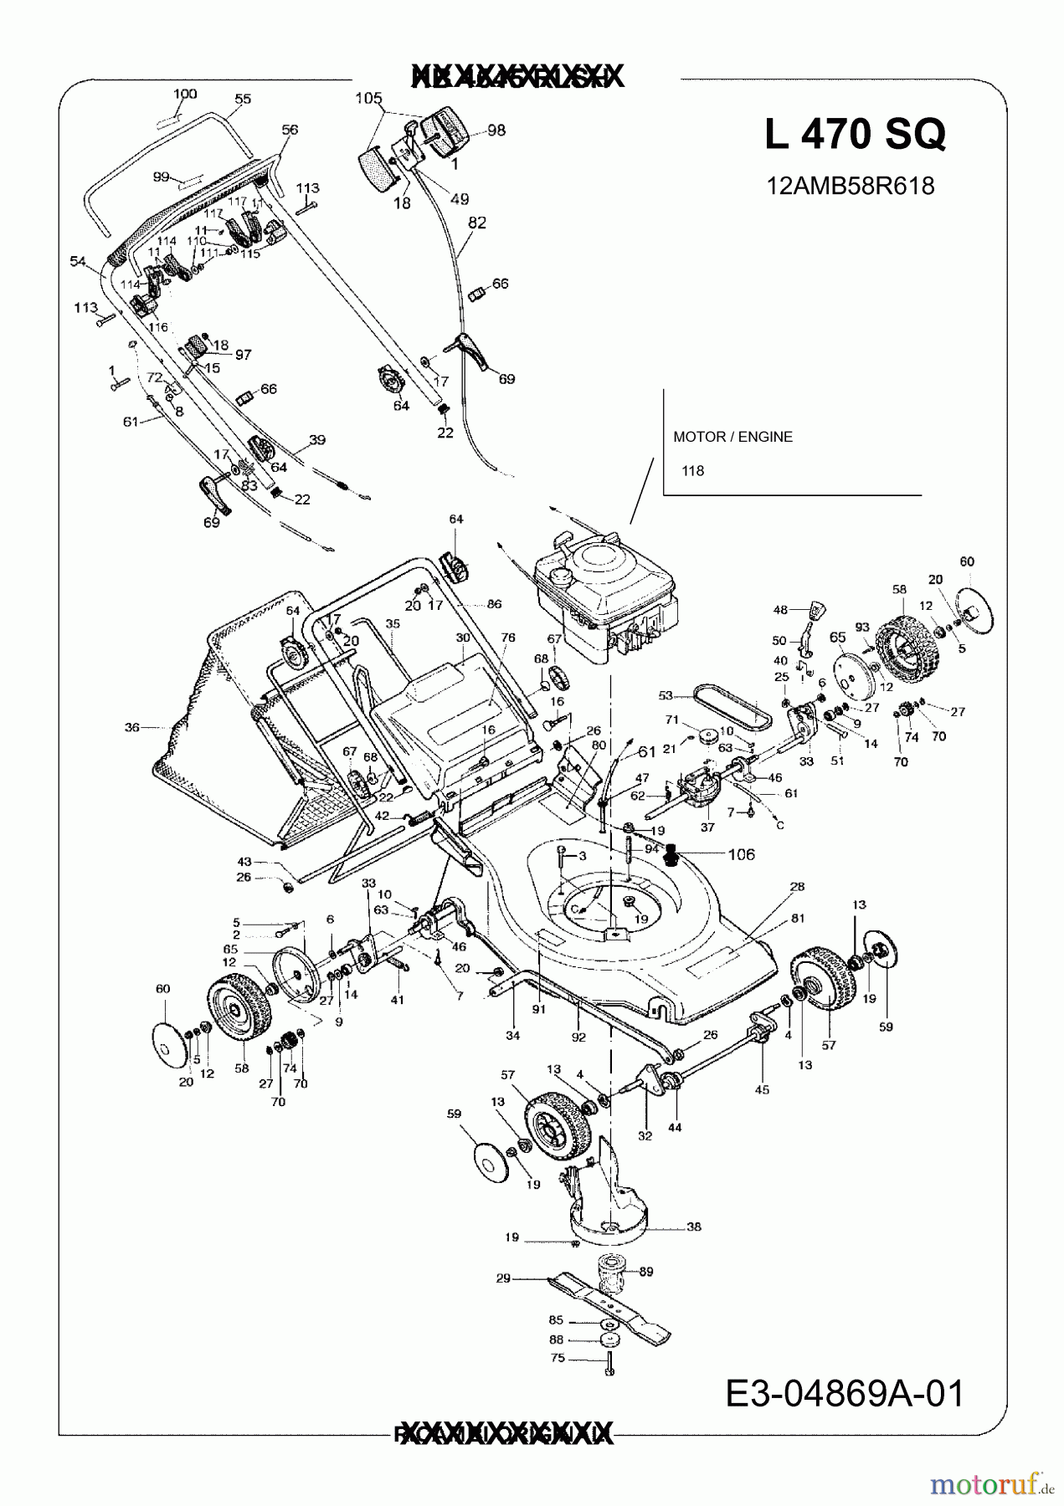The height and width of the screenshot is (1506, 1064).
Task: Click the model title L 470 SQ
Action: click(855, 134)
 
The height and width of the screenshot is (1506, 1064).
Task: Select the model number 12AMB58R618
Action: click(851, 186)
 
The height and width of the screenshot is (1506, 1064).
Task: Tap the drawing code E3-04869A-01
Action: click(845, 1394)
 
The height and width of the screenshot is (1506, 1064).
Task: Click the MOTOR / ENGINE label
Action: click(732, 437)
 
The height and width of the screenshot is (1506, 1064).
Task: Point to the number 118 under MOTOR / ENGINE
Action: click(692, 471)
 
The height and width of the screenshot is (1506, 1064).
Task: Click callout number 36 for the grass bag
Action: click(132, 728)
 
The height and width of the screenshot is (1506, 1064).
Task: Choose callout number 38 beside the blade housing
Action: click(694, 1227)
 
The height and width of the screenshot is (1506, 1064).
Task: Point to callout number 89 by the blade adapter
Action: click(645, 1272)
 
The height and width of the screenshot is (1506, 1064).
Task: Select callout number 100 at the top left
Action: click(185, 94)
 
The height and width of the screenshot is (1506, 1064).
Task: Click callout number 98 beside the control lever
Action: click(496, 131)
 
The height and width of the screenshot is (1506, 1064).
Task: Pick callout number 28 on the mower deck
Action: click(797, 886)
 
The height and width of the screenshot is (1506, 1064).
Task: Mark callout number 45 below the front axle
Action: click(762, 1089)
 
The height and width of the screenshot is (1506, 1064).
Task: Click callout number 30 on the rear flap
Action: click(463, 638)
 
